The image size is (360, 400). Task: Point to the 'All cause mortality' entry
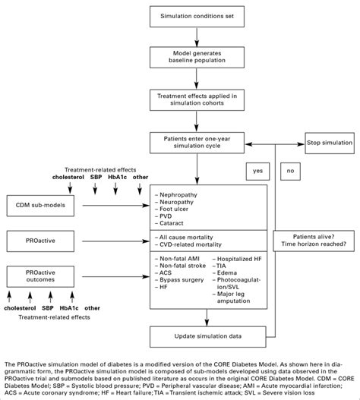pos(185,237)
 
